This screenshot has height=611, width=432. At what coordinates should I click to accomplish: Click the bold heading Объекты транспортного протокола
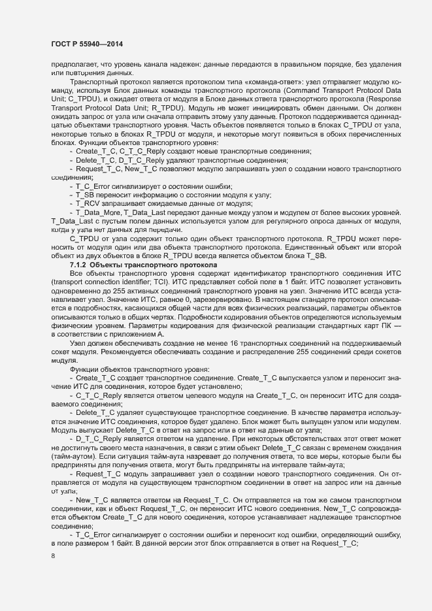coord(151,265)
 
